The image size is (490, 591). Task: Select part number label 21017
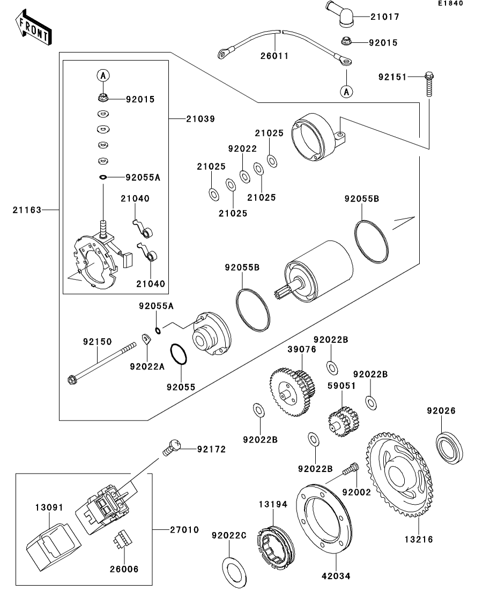click(x=384, y=17)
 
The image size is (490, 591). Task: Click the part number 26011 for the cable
click(x=274, y=56)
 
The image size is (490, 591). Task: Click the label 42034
click(x=336, y=576)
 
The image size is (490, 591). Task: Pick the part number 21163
click(x=26, y=210)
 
